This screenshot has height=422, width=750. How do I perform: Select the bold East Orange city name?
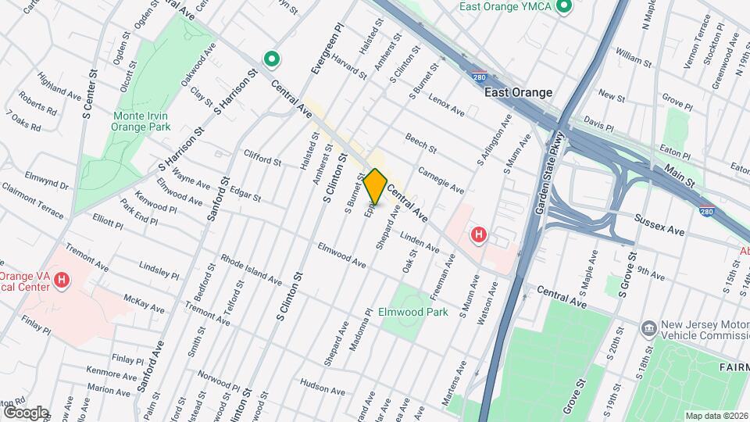(518, 92)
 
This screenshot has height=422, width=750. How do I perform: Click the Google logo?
(26, 412)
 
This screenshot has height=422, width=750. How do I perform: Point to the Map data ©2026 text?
(716, 416)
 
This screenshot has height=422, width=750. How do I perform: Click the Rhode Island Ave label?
(251, 268)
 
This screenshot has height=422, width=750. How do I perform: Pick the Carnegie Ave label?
(441, 180)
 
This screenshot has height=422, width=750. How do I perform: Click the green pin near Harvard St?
(272, 59)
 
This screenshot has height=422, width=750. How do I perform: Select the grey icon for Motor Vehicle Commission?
(648, 327)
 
